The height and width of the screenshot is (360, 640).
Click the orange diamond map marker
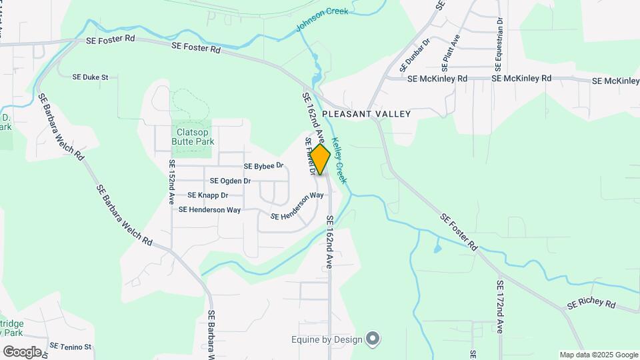(320, 159)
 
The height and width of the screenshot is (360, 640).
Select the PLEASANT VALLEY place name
(366, 114)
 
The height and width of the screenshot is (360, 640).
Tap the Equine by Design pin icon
(373, 340)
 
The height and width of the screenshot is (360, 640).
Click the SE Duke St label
(90, 77)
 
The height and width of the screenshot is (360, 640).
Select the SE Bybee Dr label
(264, 165)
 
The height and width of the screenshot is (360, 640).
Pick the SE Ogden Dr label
(230, 181)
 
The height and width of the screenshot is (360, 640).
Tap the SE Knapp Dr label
(208, 195)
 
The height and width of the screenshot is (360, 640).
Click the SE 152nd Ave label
(172, 181)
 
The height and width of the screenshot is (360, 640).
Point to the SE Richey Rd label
(591, 303)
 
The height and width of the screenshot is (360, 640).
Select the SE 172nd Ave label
(500, 306)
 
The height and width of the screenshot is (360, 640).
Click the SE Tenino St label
(71, 347)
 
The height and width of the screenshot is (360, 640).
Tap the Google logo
(22, 351)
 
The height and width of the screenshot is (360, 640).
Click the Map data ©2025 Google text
(599, 355)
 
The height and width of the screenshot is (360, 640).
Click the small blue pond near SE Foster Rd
(437, 249)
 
